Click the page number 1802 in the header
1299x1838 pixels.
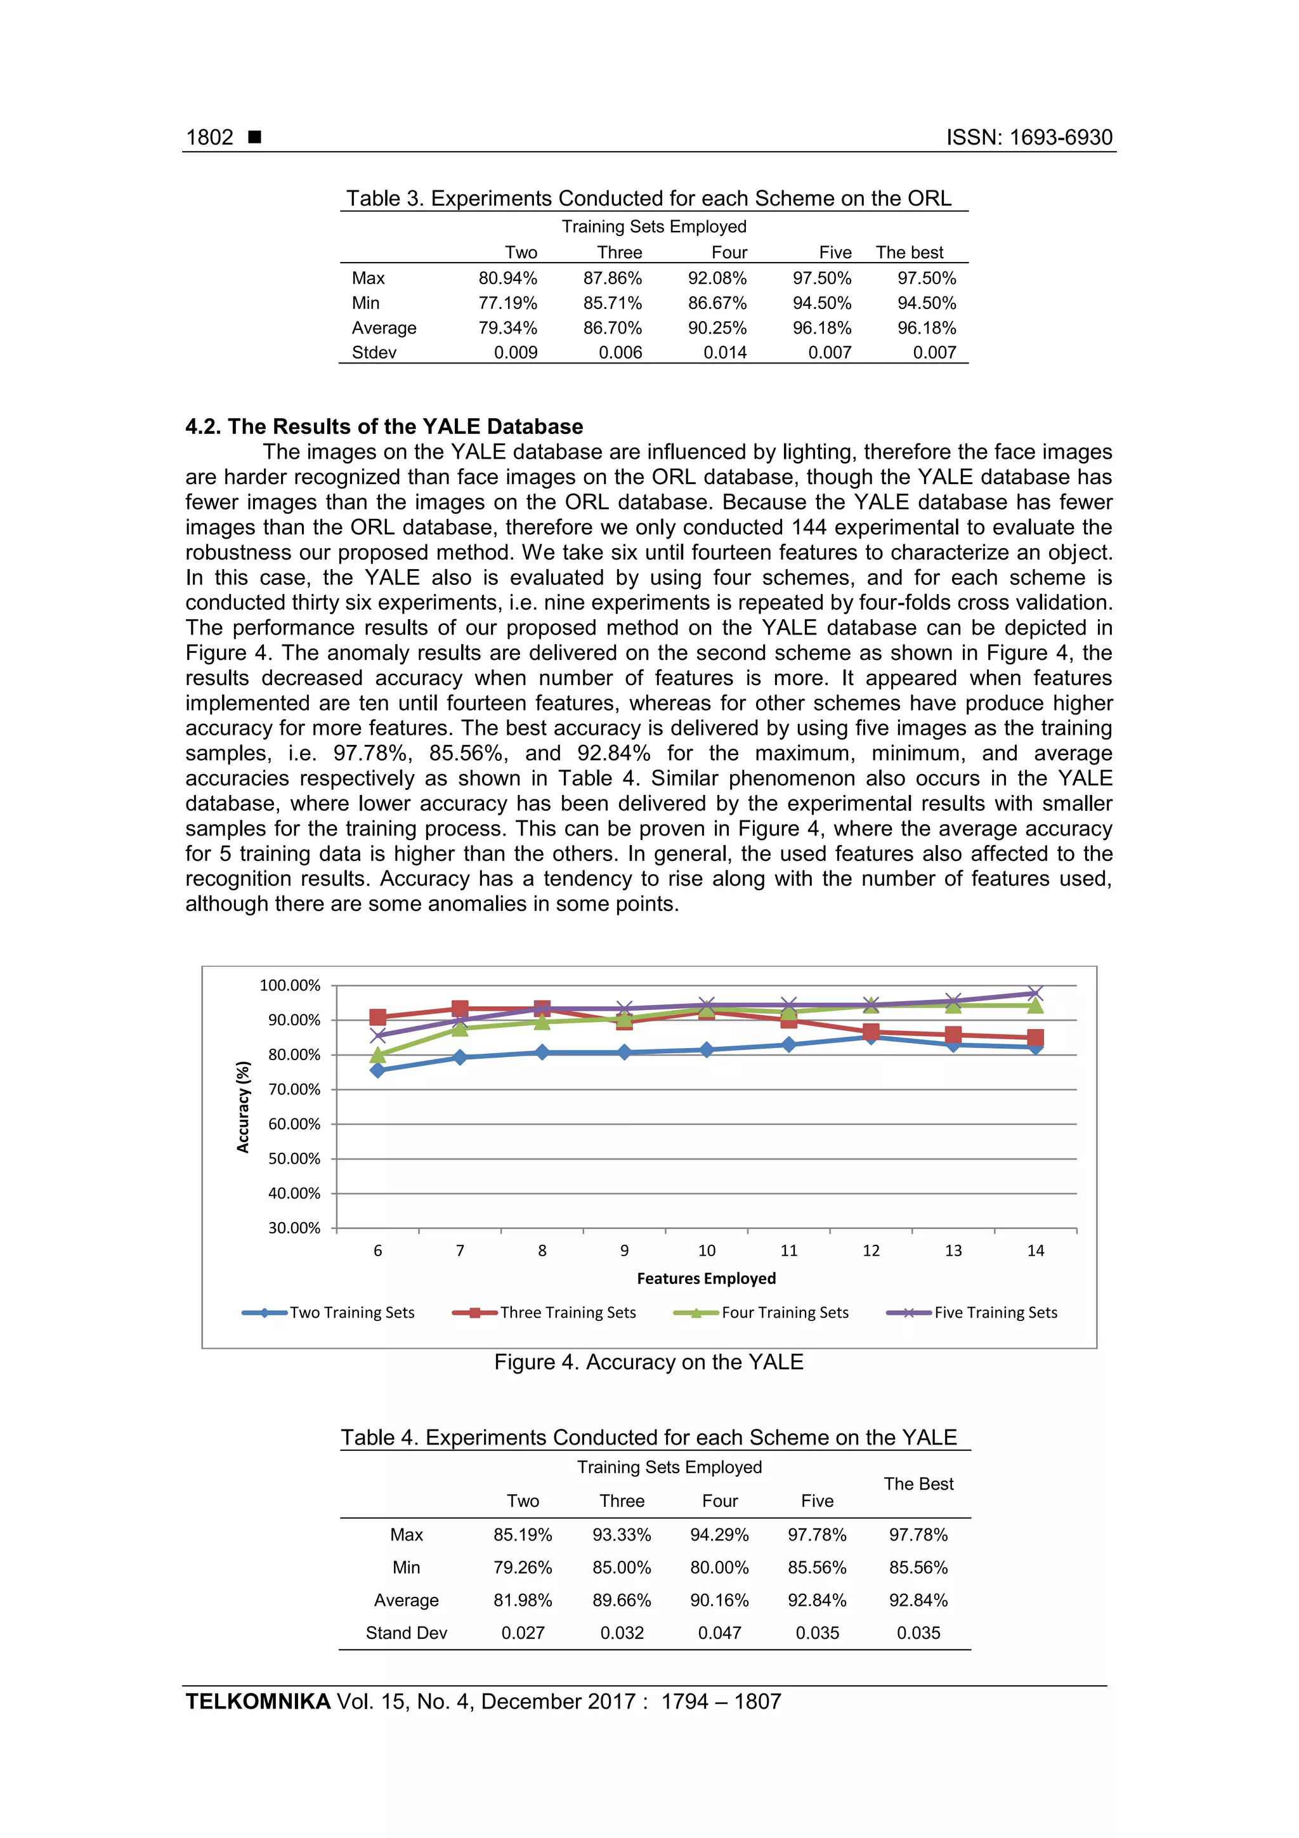(210, 137)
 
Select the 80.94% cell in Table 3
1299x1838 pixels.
(507, 278)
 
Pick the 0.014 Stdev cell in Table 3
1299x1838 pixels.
(724, 352)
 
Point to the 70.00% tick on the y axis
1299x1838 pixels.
(294, 1089)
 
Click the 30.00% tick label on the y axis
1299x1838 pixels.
(294, 1228)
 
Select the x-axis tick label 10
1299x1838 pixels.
(706, 1250)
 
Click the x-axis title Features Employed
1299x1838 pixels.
(706, 1278)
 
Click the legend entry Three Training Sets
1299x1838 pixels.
(568, 1312)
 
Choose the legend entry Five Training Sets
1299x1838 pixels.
(995, 1312)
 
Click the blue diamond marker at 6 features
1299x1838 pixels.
(378, 1070)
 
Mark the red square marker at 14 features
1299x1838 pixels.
(1035, 1037)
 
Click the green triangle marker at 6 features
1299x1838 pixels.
(378, 1055)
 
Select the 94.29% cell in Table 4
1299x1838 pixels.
(719, 1535)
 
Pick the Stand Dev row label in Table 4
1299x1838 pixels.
(406, 1632)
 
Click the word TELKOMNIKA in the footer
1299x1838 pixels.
(258, 1701)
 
